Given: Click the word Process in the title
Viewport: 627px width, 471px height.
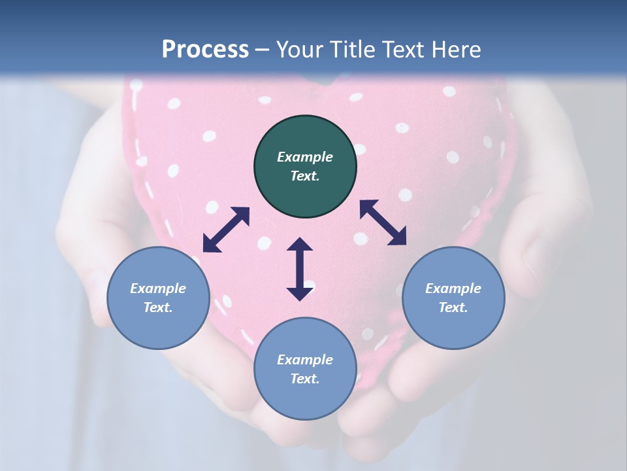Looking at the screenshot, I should click(205, 50).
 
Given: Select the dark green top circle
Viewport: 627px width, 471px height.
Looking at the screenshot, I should click(305, 167).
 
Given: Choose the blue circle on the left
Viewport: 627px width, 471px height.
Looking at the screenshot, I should click(158, 298).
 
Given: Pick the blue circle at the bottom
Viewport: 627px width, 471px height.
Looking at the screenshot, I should click(305, 369).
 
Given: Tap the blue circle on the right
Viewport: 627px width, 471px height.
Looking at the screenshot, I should click(453, 298).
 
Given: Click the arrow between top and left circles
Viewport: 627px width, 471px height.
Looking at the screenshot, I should click(226, 230).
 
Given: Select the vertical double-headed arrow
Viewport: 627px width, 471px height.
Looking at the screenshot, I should click(300, 269).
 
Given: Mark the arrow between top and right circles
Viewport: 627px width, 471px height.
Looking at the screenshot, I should click(383, 222).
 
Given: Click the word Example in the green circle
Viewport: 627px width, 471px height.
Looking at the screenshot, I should click(305, 157).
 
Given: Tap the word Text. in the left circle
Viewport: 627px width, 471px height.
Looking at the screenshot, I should click(158, 307).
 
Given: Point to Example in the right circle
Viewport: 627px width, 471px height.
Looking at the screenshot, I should click(453, 288).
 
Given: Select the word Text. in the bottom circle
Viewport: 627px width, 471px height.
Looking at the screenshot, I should click(305, 379).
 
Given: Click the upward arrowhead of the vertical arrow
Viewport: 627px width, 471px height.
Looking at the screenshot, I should click(300, 245).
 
